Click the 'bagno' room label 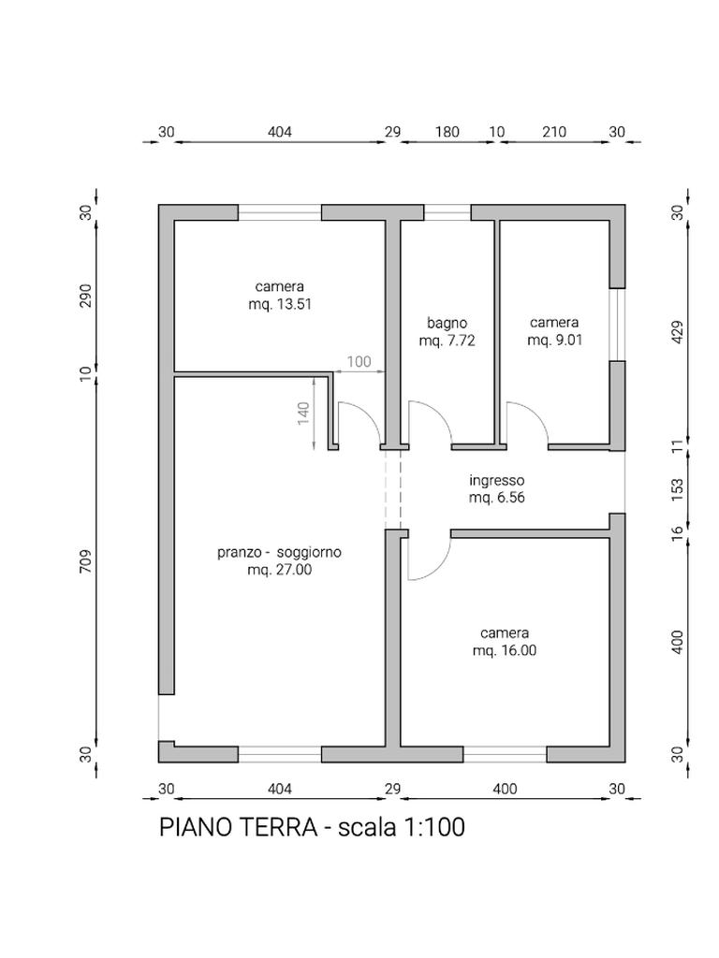click(447, 323)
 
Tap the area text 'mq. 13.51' click(280, 304)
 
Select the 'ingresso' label click(496, 481)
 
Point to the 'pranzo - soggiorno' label click(279, 552)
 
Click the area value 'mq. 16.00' click(505, 651)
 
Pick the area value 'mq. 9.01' click(554, 341)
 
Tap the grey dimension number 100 click(359, 362)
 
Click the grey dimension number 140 click(304, 413)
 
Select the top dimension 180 click(447, 132)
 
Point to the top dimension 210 click(554, 132)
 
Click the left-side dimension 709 click(85, 561)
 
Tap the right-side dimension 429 click(678, 332)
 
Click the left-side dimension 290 click(85, 296)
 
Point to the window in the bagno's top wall click(447, 212)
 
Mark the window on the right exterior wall click(618, 325)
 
